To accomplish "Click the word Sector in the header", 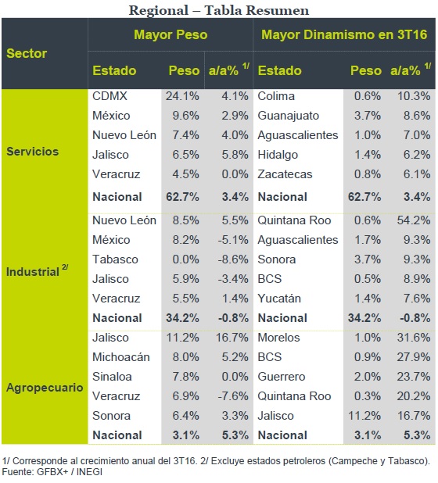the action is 27,53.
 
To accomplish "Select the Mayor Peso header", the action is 171,34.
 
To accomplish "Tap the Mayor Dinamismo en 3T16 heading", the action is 344,34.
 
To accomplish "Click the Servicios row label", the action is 32,152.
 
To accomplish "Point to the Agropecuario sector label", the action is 45,388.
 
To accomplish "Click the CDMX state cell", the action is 109,96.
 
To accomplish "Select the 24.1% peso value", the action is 182,96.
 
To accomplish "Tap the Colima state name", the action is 276,96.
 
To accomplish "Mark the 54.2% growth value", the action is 414,220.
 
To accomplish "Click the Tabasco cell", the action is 115,259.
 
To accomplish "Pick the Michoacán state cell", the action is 121,356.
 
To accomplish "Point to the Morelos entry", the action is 278,338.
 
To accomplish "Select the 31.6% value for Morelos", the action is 414,338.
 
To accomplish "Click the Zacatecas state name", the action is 285,174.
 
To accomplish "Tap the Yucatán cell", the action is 279,299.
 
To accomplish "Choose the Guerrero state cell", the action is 282,377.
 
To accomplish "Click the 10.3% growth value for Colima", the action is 414,96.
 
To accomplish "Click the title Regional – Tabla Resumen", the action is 219,10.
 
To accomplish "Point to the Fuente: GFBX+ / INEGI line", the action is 52,471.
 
